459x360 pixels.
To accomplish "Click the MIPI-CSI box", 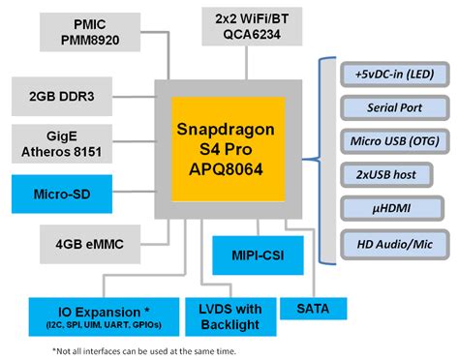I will [x=252, y=255].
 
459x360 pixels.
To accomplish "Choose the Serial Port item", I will [x=394, y=108].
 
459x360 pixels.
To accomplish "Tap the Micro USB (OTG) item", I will [x=394, y=141].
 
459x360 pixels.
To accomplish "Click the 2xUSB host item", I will [x=394, y=175].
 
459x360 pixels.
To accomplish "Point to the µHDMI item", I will [x=394, y=208].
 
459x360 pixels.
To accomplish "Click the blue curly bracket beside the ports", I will [x=324, y=159].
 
